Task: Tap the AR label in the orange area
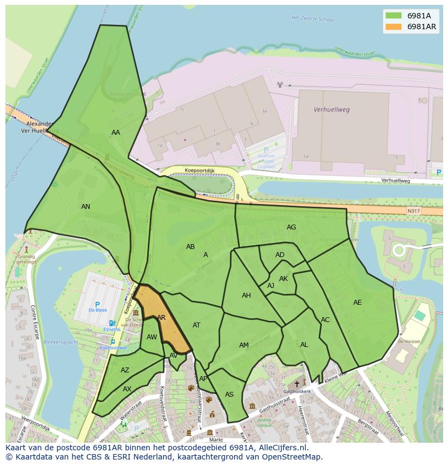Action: (x=161, y=318)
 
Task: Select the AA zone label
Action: (x=116, y=133)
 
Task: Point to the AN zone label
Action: (x=85, y=207)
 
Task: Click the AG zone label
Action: (x=291, y=227)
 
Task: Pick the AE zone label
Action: (x=357, y=303)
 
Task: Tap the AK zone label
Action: (x=284, y=279)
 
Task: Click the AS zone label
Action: (x=229, y=395)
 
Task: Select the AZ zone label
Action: (x=125, y=370)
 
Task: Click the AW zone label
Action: (x=152, y=337)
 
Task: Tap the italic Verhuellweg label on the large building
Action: (x=332, y=109)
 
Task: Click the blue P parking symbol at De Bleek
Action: (x=97, y=305)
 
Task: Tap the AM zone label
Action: (x=244, y=345)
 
